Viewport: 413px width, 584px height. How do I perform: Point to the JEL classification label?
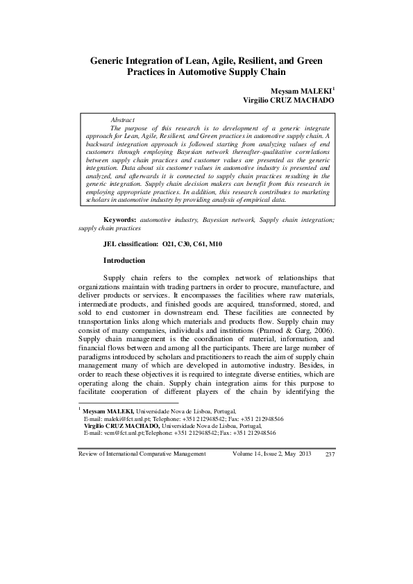click(130, 245)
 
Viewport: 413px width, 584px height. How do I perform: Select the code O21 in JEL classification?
click(169, 245)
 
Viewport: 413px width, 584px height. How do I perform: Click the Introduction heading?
click(124, 261)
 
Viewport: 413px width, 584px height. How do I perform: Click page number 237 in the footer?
click(330, 454)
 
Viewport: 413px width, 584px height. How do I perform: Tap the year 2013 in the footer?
click(305, 454)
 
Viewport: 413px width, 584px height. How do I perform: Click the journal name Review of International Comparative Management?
click(142, 454)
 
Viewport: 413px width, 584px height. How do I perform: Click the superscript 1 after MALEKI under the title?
click(334, 88)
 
